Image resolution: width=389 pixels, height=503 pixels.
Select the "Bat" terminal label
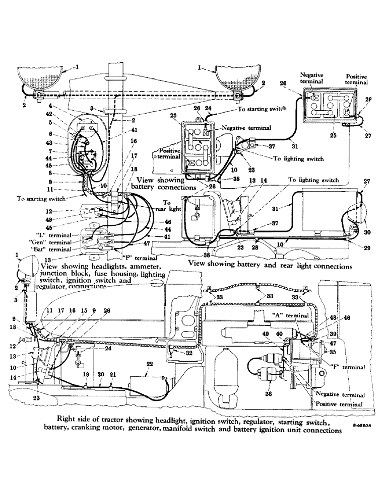56,249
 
